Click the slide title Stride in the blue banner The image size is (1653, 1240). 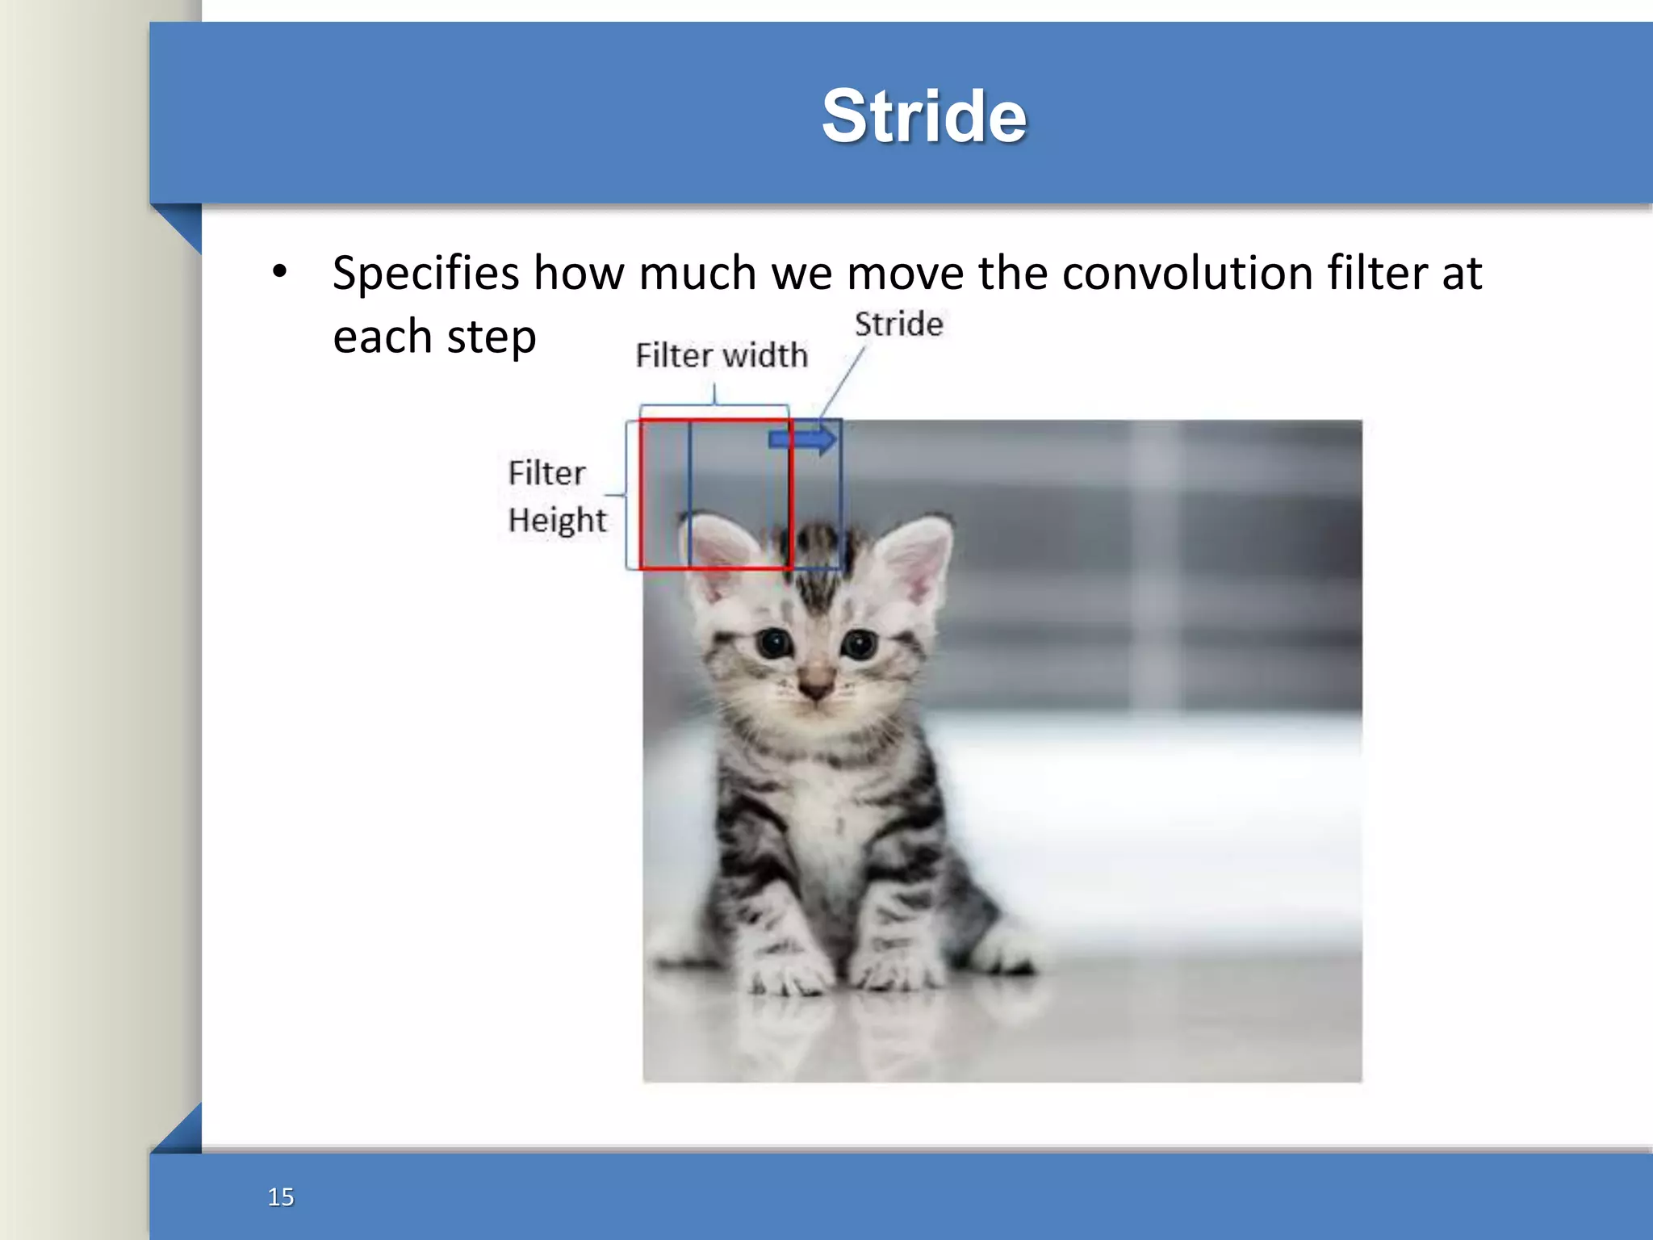[923, 116]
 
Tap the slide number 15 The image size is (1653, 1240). [280, 1196]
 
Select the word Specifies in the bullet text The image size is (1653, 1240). [425, 274]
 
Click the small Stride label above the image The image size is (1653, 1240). [898, 325]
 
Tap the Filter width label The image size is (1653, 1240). [721, 355]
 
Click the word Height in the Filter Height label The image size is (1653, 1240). [557, 520]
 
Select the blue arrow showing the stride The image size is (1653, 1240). [803, 440]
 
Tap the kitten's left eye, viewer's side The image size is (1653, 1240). [775, 643]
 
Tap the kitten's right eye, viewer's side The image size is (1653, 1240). [859, 644]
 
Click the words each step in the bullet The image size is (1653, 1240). [434, 337]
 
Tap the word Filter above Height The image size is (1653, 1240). [546, 473]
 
